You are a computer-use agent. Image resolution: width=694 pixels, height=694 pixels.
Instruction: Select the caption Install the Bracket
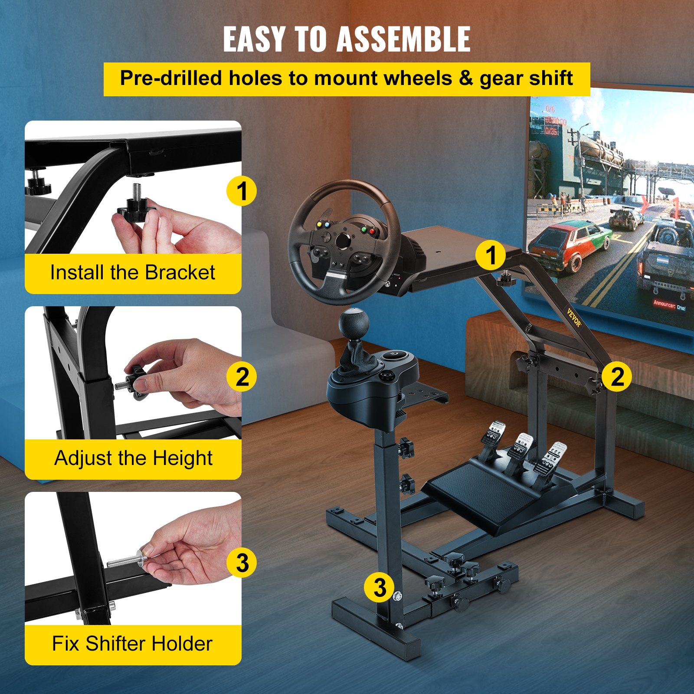[132, 273]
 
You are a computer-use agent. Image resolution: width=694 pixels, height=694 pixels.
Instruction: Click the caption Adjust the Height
[133, 458]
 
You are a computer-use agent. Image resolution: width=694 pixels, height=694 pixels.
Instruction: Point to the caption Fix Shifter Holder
[132, 644]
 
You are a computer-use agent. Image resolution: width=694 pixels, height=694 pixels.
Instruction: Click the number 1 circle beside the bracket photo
[242, 191]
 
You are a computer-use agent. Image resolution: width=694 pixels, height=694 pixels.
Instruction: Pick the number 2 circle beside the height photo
[242, 376]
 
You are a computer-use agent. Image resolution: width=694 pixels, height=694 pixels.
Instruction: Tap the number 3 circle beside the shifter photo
[242, 563]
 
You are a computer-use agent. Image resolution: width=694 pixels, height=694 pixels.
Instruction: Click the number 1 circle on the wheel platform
[490, 255]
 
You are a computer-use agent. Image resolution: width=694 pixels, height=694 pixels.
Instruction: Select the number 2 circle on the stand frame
[616, 376]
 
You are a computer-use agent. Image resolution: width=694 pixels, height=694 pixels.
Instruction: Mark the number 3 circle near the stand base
[379, 587]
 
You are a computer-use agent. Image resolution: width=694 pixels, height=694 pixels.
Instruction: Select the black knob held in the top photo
[135, 208]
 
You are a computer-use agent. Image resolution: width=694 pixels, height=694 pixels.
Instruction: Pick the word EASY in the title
[254, 39]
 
